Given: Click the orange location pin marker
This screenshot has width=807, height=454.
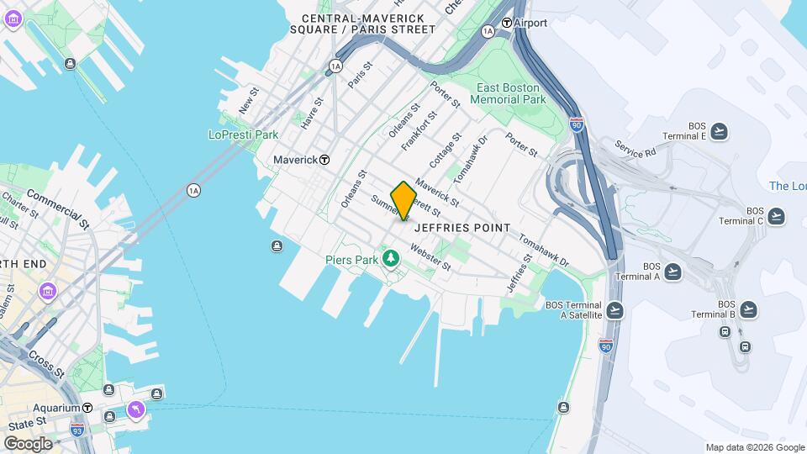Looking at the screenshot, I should (403, 200).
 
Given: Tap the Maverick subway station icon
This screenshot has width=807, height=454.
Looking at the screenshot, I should (324, 160).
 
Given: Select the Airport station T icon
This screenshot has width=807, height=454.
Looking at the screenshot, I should (506, 23).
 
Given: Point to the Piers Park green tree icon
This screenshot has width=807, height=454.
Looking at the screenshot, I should (389, 256).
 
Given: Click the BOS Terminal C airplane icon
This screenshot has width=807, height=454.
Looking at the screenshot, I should (775, 216).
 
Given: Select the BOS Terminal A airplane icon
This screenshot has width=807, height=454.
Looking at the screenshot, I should (672, 272).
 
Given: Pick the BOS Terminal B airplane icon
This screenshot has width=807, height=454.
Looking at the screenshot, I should (748, 309).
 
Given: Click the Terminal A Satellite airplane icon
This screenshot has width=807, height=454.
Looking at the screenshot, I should (615, 310).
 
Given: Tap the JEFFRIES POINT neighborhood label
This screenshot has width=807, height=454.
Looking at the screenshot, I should (462, 228).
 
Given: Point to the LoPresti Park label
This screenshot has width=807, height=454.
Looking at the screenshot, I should (243, 135).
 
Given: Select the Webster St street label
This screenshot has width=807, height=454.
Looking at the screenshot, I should (430, 257).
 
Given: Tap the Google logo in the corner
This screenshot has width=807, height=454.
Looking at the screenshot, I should (28, 443).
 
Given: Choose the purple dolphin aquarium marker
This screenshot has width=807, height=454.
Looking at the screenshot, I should (135, 409).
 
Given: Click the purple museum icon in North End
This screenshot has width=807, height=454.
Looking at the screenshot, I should (48, 292).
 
